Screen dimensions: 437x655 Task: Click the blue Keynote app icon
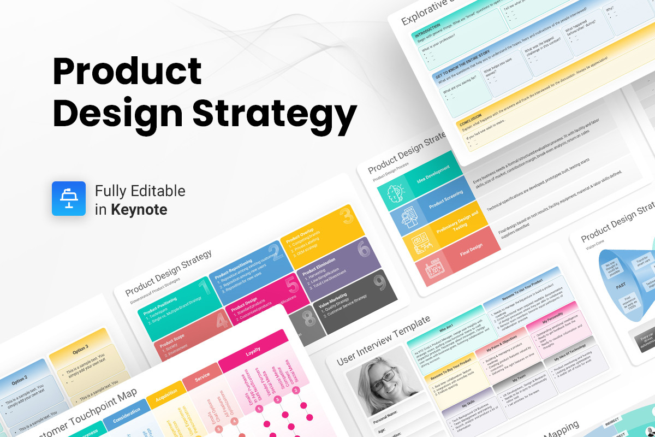click(69, 198)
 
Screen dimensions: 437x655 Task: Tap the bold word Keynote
click(139, 209)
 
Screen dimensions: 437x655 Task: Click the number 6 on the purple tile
click(363, 250)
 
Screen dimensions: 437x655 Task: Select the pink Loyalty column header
click(253, 353)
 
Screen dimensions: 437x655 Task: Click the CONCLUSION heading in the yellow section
click(471, 123)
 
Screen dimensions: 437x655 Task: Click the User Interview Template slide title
click(384, 340)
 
